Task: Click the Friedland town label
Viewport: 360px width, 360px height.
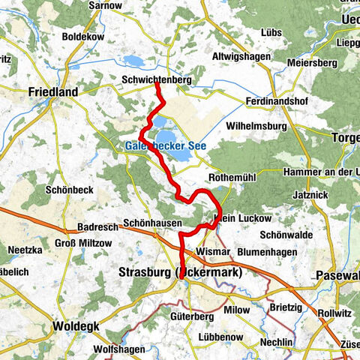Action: tap(52, 92)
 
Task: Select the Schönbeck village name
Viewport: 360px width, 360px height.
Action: tap(70, 190)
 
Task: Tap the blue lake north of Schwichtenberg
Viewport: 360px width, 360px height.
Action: tap(133, 61)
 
